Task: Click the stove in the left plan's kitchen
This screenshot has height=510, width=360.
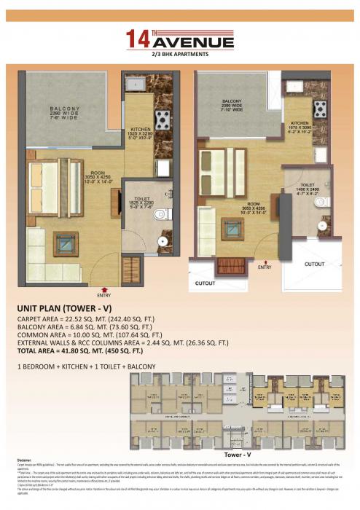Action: (x=161, y=117)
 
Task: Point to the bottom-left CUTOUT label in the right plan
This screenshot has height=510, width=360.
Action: (x=206, y=282)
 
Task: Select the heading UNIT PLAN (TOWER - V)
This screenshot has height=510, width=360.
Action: (x=69, y=309)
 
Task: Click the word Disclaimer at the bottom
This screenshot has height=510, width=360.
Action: (x=26, y=460)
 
